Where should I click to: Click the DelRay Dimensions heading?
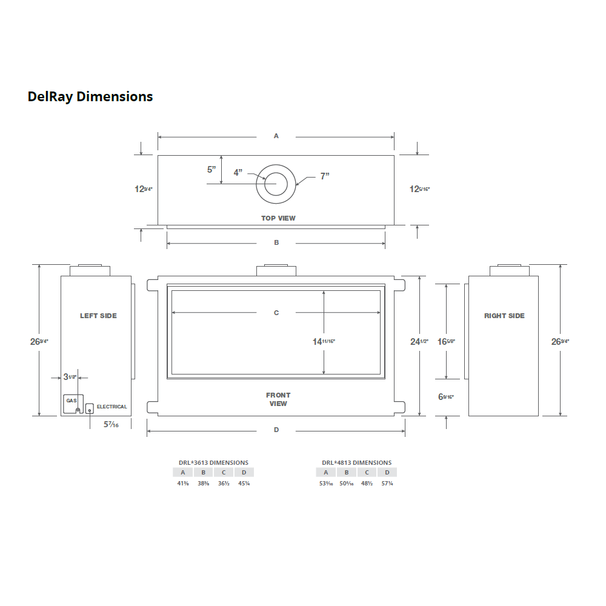point(90,96)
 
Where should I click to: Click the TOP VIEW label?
point(278,218)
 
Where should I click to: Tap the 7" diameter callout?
point(325,176)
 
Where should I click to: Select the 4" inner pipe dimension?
point(238,173)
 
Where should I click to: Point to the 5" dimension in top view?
point(211,170)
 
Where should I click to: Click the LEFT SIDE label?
point(98,316)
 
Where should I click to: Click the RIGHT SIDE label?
point(504,316)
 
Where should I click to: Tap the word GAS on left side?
point(71,401)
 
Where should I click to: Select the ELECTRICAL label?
point(112,407)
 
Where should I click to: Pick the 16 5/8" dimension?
point(446,342)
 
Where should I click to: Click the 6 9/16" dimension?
point(445,397)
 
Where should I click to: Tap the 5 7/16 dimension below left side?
point(111,425)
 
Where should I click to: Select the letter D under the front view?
point(276,430)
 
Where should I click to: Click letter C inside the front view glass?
point(276,313)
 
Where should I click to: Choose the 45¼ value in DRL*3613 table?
point(244,484)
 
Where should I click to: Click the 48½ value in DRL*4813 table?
point(367,484)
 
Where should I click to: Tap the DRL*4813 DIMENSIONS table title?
point(356,462)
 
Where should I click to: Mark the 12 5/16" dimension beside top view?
point(419,189)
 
